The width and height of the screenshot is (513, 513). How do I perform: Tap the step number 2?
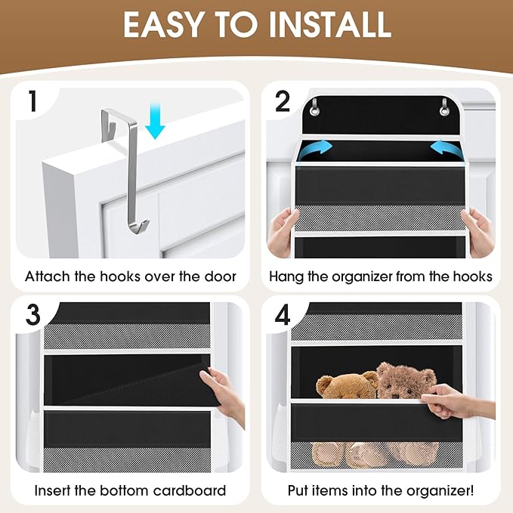[x=282, y=101]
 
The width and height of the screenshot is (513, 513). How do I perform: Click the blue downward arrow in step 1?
[x=155, y=122]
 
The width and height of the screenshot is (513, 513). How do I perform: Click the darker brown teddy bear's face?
[x=401, y=382]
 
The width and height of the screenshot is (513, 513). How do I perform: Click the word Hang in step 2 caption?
[x=286, y=277]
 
